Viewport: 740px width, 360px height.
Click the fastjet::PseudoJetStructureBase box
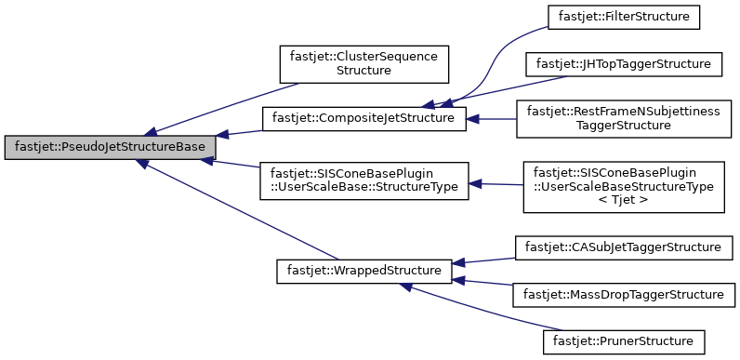(111, 147)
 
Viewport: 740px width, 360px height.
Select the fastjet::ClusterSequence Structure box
(364, 62)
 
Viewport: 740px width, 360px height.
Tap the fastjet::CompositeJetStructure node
(363, 119)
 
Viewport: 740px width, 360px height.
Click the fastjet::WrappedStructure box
(363, 271)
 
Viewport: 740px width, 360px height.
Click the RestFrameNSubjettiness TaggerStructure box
(623, 118)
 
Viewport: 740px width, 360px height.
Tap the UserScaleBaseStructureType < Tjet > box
(623, 186)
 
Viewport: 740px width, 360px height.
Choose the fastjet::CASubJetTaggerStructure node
(623, 247)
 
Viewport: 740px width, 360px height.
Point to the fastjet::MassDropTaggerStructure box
(623, 294)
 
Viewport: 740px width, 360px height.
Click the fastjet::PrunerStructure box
(623, 341)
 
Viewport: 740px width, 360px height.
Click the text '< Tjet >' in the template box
(623, 200)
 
